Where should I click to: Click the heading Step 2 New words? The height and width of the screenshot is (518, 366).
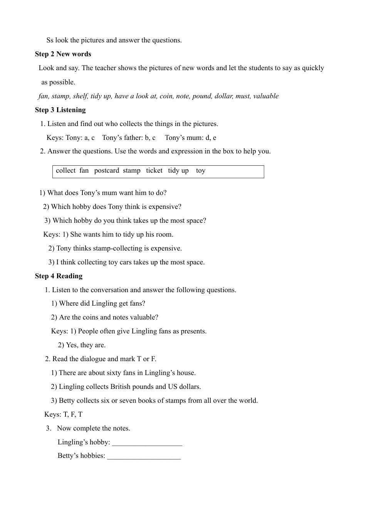point(63,54)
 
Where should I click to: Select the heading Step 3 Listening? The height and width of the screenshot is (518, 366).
point(60,110)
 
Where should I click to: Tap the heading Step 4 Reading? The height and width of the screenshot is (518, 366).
point(59,276)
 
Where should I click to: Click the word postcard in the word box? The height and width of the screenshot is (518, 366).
point(106,170)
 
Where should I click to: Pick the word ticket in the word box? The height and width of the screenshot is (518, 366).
point(154,170)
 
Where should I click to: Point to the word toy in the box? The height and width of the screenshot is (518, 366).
point(200,170)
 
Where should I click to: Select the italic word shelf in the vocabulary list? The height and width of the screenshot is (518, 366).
point(81,96)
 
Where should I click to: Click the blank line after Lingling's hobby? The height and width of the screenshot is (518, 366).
point(147,442)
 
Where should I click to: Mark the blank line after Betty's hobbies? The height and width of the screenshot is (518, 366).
point(144,456)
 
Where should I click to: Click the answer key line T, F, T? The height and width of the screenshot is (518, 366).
point(63,414)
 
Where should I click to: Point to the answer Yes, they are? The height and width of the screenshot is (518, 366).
point(82,345)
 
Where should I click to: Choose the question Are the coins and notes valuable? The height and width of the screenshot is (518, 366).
point(105,317)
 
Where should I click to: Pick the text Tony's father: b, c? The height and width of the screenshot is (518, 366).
point(129,138)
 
